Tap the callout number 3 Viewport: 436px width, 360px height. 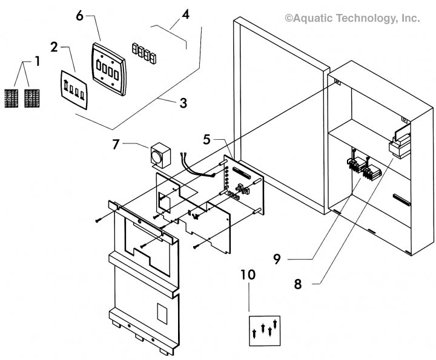click(183, 103)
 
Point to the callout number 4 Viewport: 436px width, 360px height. click(185, 14)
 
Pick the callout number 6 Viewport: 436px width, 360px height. click(79, 15)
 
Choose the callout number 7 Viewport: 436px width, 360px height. click(117, 145)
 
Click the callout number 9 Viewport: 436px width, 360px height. click(276, 259)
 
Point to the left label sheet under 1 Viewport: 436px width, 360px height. click(12, 99)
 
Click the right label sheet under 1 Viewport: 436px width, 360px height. click(31, 99)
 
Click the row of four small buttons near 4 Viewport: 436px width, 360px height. click(145, 53)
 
